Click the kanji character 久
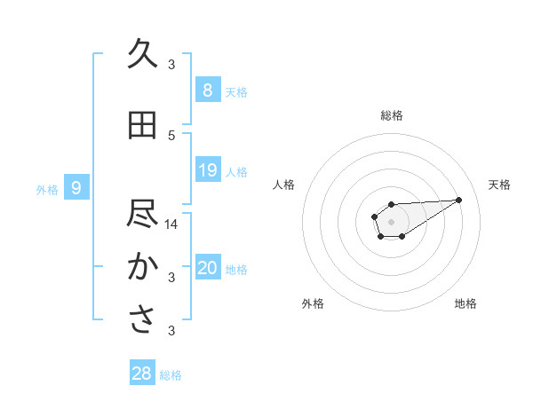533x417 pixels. (x=142, y=54)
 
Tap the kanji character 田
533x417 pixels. (x=142, y=125)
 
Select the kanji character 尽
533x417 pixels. (x=142, y=215)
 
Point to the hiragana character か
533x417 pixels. (x=142, y=267)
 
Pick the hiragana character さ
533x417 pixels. (x=142, y=320)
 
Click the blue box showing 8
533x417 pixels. (x=207, y=90)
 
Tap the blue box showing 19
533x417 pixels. (x=207, y=170)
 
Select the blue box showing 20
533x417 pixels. (x=207, y=268)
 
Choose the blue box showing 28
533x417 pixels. (x=142, y=374)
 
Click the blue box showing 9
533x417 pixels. (x=76, y=188)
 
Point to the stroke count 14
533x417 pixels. (x=171, y=224)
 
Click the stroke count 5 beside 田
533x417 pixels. (x=171, y=135)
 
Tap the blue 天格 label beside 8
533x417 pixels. (x=236, y=91)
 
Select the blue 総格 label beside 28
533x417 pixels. (x=171, y=375)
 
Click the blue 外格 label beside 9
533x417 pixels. (x=47, y=189)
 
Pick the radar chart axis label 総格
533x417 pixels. (x=391, y=115)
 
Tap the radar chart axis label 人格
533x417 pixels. (x=284, y=185)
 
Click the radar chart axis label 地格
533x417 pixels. (x=465, y=303)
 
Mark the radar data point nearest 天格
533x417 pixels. (x=459, y=199)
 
